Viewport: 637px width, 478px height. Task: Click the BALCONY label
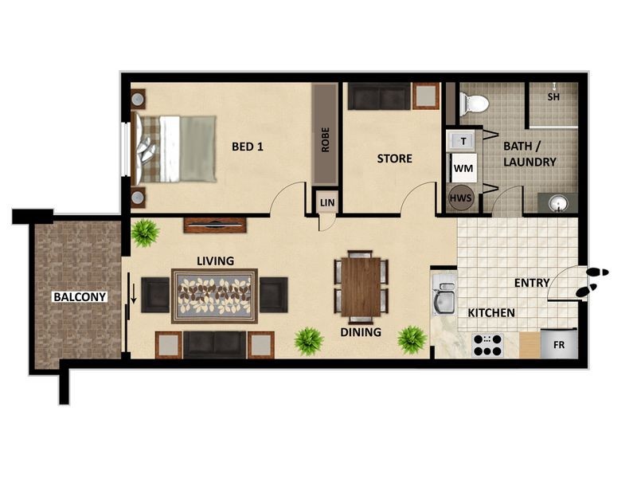[x=80, y=296]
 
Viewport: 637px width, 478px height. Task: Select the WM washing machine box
[x=462, y=169]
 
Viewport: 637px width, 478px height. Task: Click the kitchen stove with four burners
[x=487, y=344]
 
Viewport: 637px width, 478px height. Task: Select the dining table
[x=361, y=285]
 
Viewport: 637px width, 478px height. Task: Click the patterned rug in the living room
[x=214, y=296]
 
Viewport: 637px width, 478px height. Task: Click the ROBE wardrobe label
[x=325, y=139]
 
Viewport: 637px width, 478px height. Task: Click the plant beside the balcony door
[x=145, y=233]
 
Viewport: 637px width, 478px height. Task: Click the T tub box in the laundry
[x=462, y=141]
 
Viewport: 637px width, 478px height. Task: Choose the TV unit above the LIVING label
[x=214, y=225]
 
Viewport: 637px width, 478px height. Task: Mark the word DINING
[x=361, y=332]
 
